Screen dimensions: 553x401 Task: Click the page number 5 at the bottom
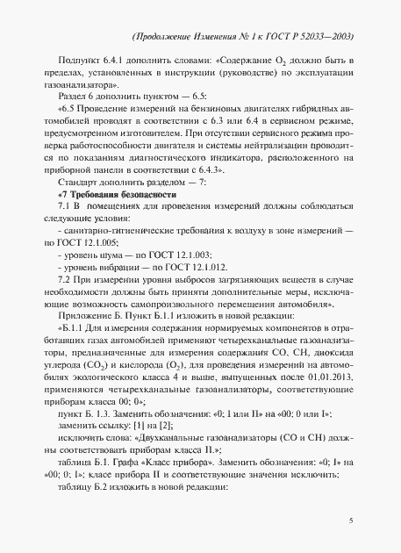[x=351, y=521]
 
